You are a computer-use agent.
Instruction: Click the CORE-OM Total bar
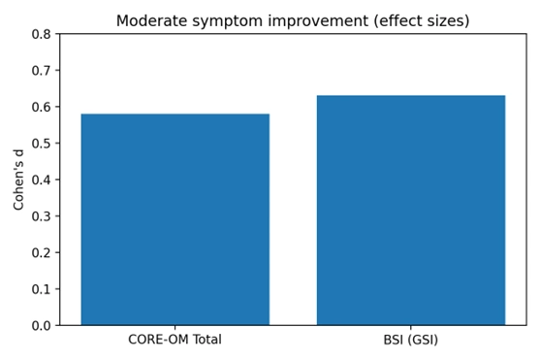pos(175,219)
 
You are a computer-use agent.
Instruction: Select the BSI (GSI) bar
pos(411,211)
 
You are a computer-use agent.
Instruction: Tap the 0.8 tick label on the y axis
pos(41,34)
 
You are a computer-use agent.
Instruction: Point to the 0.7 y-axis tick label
pos(41,71)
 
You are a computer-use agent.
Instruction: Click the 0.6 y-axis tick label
pos(41,107)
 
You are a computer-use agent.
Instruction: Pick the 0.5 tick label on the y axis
pos(41,144)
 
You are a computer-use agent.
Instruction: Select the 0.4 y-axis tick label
pos(41,180)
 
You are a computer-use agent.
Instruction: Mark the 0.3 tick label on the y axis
pos(41,216)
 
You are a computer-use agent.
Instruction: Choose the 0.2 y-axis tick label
pos(41,252)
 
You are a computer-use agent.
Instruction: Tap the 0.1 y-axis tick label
pos(41,289)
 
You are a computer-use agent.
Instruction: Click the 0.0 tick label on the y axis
pos(41,325)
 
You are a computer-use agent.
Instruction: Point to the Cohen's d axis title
pos(18,180)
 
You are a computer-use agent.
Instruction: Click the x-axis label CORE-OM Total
pos(175,340)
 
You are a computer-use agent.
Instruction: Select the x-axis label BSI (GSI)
pos(411,340)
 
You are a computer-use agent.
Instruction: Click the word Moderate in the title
pos(151,20)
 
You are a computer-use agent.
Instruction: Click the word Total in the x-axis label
pos(206,340)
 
